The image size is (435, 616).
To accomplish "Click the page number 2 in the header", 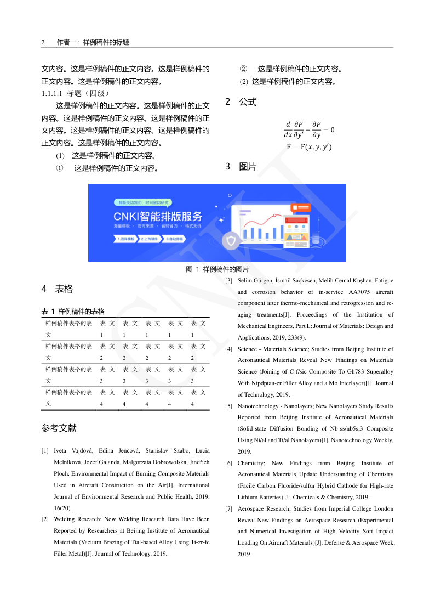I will pyautogui.click(x=43, y=42).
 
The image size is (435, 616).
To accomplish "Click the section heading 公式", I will pyautogui.click(x=248, y=102).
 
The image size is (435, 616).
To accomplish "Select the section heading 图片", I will pyautogui.click(x=248, y=167).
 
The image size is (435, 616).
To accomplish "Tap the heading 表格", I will pyautogui.click(x=64, y=289).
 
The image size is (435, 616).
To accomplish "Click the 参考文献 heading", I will pyautogui.click(x=59, y=428).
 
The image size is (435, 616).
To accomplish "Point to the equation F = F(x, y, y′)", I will pyautogui.click(x=309, y=147).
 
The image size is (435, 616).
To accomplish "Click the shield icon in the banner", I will pyautogui.click(x=231, y=241).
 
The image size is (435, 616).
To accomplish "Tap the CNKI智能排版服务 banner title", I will pyautogui.click(x=158, y=216).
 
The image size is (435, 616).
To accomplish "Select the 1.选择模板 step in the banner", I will pyautogui.click(x=125, y=239).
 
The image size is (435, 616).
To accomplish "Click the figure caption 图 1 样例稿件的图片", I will pyautogui.click(x=217, y=269).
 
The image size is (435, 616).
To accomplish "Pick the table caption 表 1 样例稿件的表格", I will pyautogui.click(x=73, y=312).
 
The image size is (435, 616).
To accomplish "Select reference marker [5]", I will pyautogui.click(x=229, y=406).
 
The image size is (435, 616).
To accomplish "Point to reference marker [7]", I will pyautogui.click(x=229, y=509).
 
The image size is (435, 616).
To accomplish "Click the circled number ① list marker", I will pyautogui.click(x=60, y=168).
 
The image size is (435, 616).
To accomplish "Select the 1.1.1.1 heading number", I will pyautogui.click(x=53, y=93).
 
